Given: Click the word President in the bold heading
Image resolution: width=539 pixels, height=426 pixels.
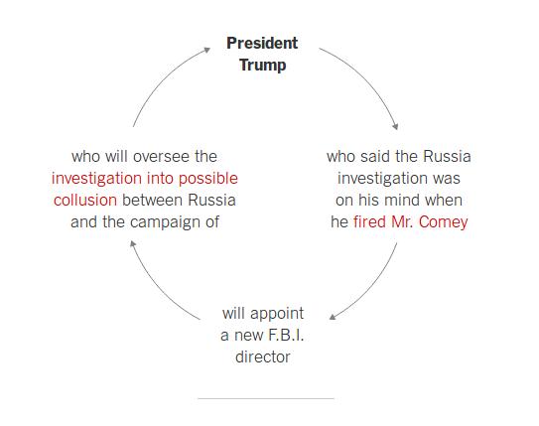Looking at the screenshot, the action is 262,43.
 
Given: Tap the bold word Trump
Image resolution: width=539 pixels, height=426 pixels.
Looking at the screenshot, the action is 263,66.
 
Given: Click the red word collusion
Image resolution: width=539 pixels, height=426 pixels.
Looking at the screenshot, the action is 85,201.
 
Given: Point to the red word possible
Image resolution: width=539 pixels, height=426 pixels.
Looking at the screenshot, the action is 208,179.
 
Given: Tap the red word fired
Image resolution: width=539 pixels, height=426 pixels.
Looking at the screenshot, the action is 369,221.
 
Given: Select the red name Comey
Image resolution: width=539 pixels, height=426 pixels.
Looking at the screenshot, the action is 443,222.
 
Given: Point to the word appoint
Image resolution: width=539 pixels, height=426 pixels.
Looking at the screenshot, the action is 277,314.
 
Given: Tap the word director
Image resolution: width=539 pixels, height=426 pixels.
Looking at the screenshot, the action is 263,357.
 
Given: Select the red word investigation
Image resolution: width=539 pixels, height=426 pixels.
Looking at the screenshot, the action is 96,179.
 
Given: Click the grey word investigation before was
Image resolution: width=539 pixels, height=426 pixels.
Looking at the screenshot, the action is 382,179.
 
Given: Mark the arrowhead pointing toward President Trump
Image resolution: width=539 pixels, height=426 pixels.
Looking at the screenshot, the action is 206,51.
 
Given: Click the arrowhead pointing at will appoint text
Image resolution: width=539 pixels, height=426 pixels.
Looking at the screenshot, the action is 333,317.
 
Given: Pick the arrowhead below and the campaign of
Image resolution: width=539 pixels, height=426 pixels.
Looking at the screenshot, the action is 133,244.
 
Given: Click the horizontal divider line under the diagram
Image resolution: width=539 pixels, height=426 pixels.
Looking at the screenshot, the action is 266,398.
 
